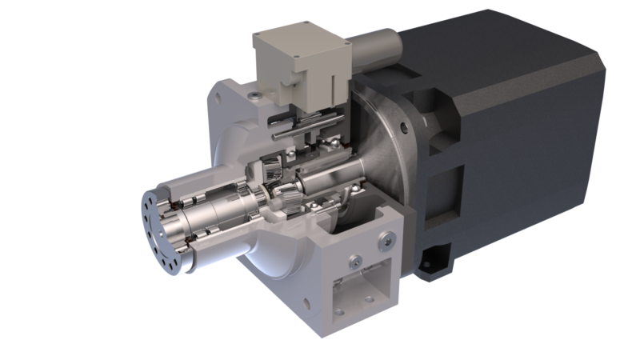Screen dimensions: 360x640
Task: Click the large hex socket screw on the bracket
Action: (388, 238)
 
